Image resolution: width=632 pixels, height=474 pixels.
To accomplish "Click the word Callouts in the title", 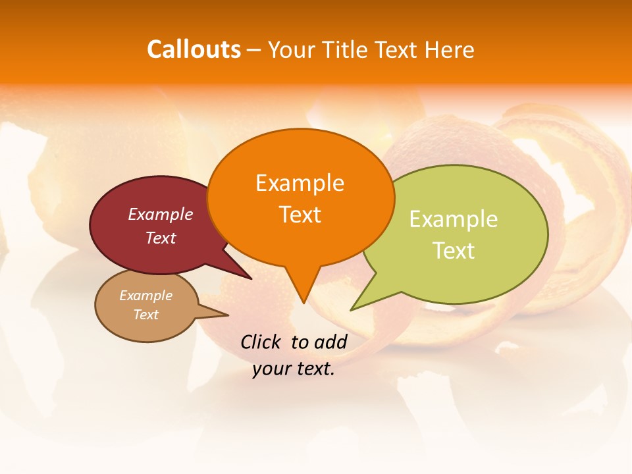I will (x=194, y=50).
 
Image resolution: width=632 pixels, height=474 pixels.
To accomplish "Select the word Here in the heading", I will (x=450, y=50).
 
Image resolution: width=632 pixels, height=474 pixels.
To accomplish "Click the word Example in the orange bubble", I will (x=300, y=183).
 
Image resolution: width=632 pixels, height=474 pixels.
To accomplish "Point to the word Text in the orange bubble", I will (x=300, y=215).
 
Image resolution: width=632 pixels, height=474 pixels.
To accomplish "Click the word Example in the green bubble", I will (x=453, y=219).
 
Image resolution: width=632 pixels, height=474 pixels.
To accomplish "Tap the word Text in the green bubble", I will (x=454, y=251).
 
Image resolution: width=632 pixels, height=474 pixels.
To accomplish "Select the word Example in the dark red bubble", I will (x=160, y=215).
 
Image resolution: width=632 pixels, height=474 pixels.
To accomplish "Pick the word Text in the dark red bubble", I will (x=160, y=238).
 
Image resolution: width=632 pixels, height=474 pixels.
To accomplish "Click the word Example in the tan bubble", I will (x=145, y=296).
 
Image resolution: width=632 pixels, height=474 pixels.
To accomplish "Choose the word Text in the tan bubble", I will (x=145, y=315).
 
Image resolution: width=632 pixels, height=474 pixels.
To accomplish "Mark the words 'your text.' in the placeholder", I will (x=294, y=369).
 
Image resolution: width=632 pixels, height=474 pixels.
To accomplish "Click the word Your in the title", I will (x=290, y=50).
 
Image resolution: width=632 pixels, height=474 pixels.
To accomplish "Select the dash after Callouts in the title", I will (x=254, y=50).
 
